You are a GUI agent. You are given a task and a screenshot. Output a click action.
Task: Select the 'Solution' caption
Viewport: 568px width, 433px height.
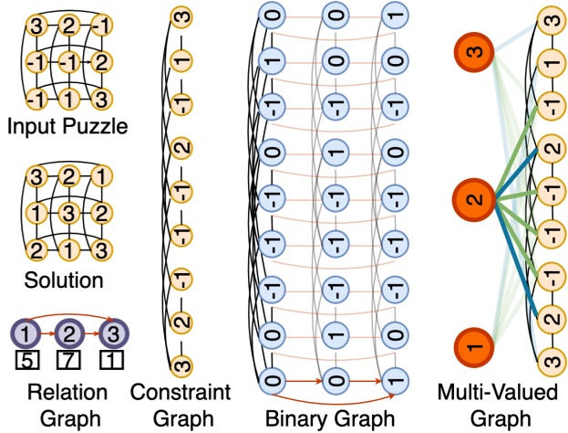click(63, 278)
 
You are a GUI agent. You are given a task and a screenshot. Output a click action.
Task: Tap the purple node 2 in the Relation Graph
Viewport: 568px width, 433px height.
click(67, 330)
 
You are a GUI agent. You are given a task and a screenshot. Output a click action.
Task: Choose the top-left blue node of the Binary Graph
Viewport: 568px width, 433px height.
click(270, 16)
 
